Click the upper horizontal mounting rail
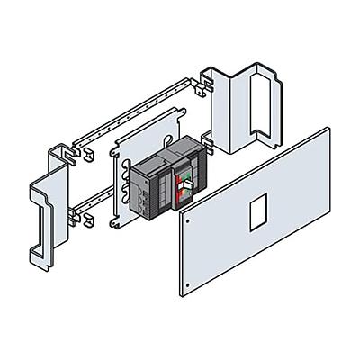point(135,108)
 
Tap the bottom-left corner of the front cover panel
point(184,299)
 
